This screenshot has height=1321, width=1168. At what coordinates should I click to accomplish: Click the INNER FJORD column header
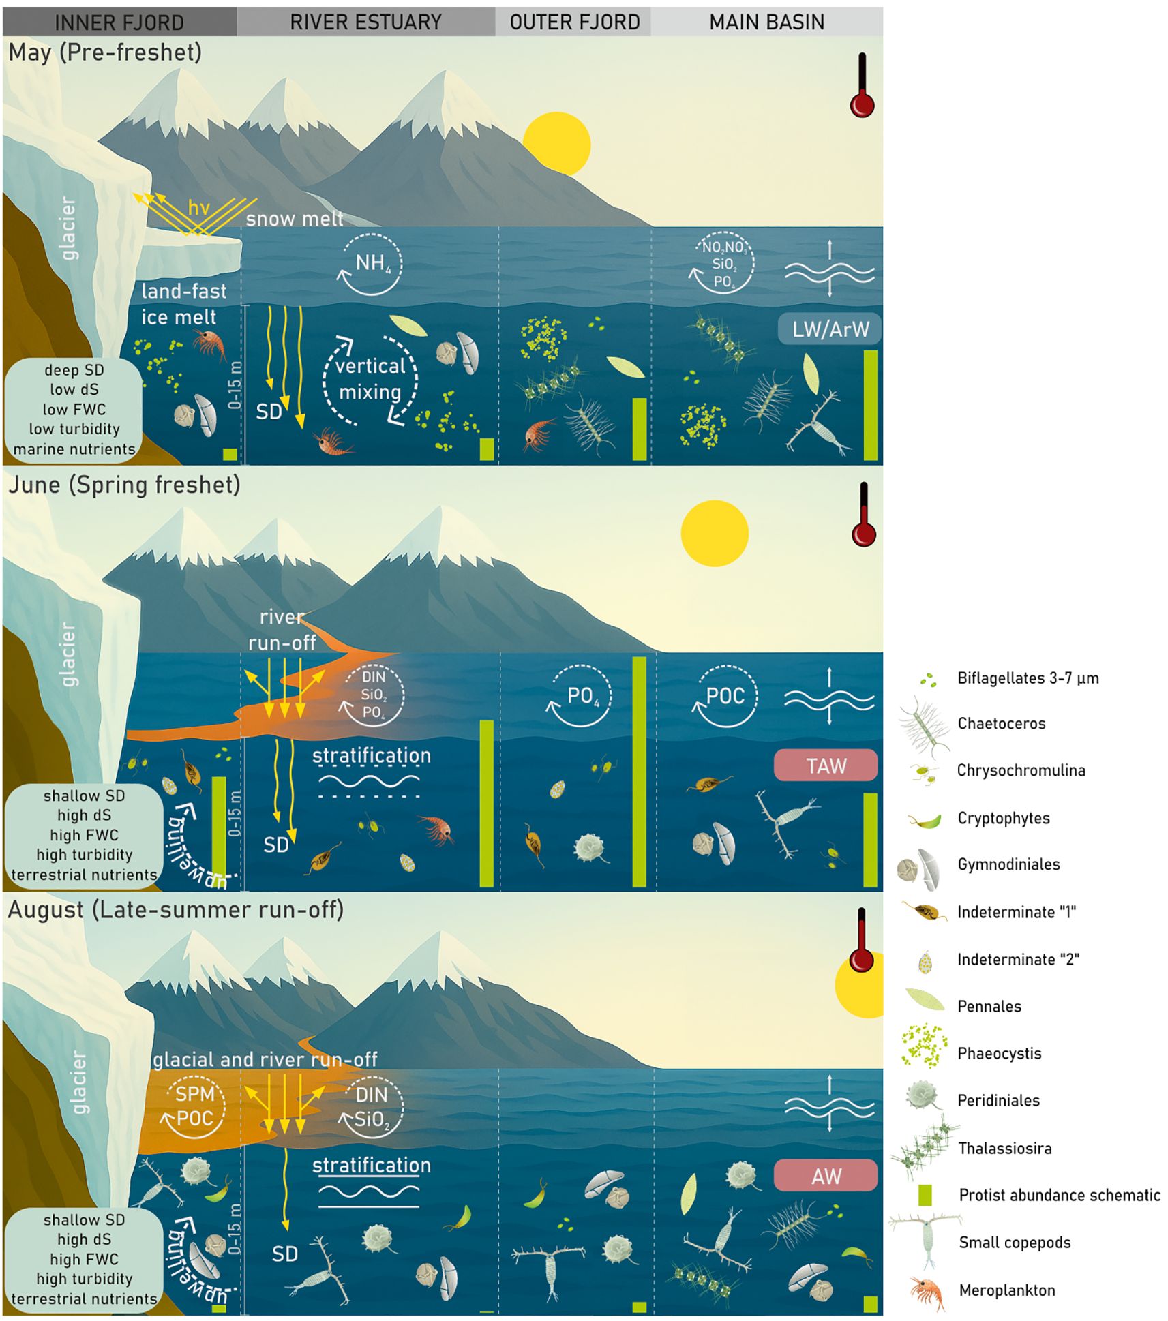coord(119,22)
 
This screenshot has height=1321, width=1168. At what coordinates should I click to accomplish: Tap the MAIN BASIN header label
coord(766,22)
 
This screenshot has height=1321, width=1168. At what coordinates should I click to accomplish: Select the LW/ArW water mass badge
coord(830,330)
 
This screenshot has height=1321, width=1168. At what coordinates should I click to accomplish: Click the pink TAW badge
coord(826,765)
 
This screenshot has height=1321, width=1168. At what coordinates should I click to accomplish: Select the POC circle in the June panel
coord(725,696)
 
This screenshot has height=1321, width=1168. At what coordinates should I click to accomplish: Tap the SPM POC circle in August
coord(194,1106)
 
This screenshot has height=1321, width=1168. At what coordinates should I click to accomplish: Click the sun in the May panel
coord(556,145)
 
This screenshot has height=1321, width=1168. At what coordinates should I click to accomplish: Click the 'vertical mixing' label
coord(370,379)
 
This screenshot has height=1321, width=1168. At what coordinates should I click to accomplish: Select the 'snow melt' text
coord(295,219)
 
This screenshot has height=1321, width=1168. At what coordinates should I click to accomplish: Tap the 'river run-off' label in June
coord(282,630)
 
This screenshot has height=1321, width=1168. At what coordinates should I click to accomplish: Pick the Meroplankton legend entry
coord(1006,1290)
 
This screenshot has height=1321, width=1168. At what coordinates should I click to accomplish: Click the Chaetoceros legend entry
coord(1001,723)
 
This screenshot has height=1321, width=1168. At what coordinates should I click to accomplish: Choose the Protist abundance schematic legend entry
coord(1059,1195)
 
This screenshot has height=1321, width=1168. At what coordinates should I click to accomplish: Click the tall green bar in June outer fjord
coord(639,772)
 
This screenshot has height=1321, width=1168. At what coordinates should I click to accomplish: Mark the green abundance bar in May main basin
coord(871,406)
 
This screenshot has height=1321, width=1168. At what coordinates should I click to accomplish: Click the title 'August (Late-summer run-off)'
coord(176,910)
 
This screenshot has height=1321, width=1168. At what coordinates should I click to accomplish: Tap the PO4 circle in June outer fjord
coord(582,696)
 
